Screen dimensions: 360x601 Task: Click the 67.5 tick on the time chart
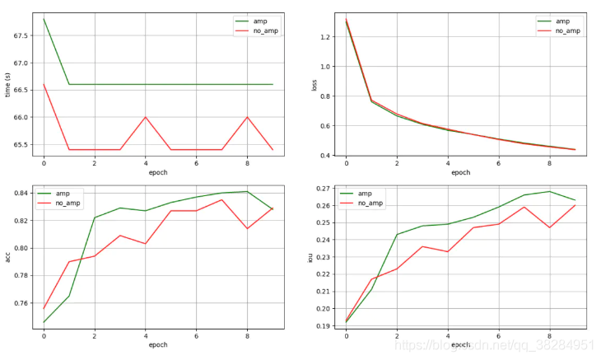click(x=21, y=35)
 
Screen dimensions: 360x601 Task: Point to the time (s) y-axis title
click(x=7, y=85)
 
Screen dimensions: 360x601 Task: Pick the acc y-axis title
click(x=7, y=257)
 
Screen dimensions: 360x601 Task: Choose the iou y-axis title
click(x=310, y=257)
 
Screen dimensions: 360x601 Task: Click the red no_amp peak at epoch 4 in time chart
click(x=146, y=117)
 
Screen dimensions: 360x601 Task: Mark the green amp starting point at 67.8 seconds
click(x=44, y=19)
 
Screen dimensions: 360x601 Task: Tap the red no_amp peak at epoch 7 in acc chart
click(x=221, y=199)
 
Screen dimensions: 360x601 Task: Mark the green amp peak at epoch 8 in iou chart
click(x=549, y=192)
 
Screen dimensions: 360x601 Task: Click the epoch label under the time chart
click(x=157, y=173)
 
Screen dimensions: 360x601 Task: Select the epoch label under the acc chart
click(x=157, y=344)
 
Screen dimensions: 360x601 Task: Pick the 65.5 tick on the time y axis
click(x=21, y=145)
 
